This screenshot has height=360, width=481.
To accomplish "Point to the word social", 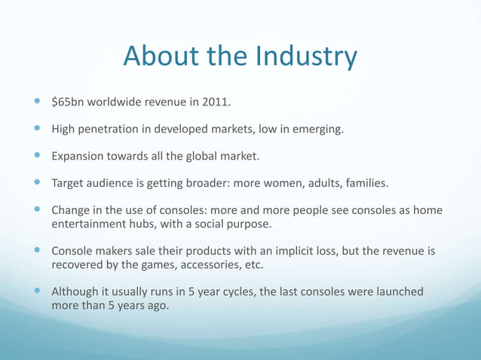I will [x=213, y=224].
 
